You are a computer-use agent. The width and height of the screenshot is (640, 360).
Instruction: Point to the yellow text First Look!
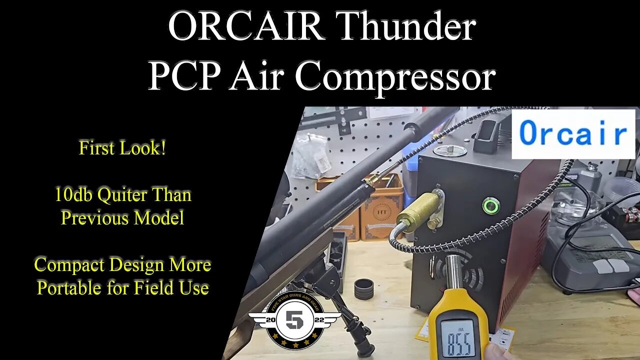coord(122,148)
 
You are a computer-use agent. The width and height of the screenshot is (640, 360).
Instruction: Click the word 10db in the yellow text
coord(73,194)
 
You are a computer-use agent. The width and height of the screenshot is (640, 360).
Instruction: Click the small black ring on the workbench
coord(363,288)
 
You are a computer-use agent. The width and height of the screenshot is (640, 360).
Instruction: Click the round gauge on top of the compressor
coord(450,149)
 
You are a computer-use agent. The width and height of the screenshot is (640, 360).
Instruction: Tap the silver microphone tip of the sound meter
coord(453,272)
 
